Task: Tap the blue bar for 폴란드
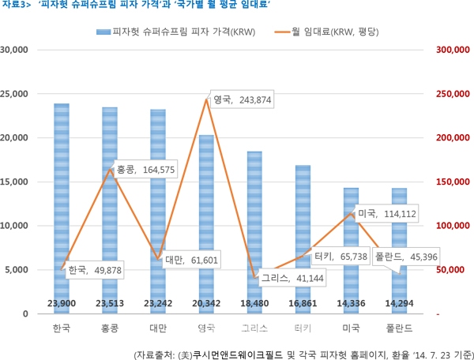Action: point(399,237)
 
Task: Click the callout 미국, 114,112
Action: point(386,214)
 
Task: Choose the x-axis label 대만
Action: point(157,328)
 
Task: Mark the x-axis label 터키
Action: point(303,328)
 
